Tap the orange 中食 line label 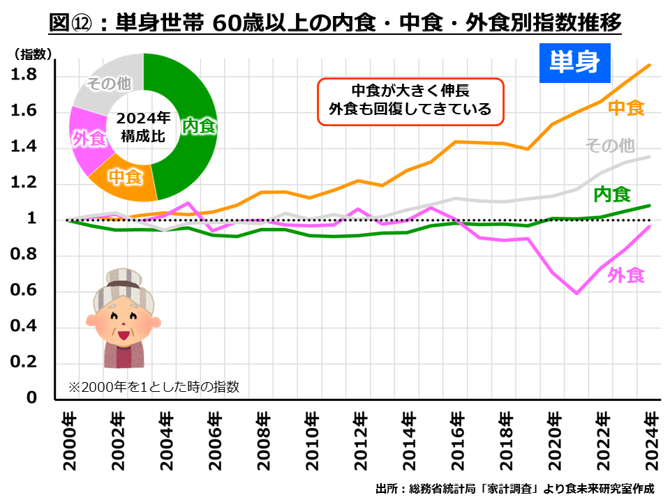click(625, 107)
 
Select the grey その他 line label click(609, 146)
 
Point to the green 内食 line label click(612, 194)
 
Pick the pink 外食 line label click(625, 275)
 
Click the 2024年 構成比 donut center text click(143, 127)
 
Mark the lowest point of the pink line click(576, 294)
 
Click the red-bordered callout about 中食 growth click(410, 100)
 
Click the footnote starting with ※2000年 click(153, 386)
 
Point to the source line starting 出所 click(516, 487)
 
